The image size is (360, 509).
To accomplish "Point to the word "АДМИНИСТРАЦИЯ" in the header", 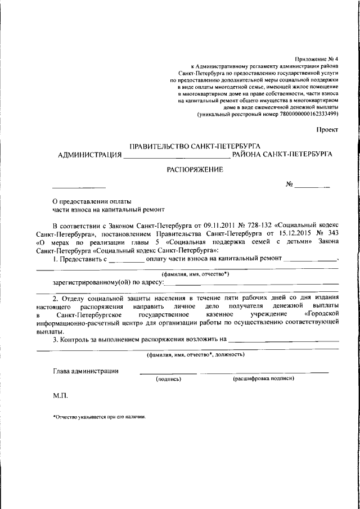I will point(90,154).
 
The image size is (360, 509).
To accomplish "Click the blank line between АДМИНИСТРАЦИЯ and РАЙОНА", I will point(177,155).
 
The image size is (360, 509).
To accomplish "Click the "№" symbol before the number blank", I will point(290,184).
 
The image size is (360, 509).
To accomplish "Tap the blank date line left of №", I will point(79,186).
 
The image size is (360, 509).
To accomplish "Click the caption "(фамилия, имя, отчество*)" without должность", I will point(195,274).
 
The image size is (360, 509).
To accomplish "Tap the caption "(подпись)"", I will point(168,380).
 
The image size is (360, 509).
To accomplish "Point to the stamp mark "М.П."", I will point(60,396).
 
